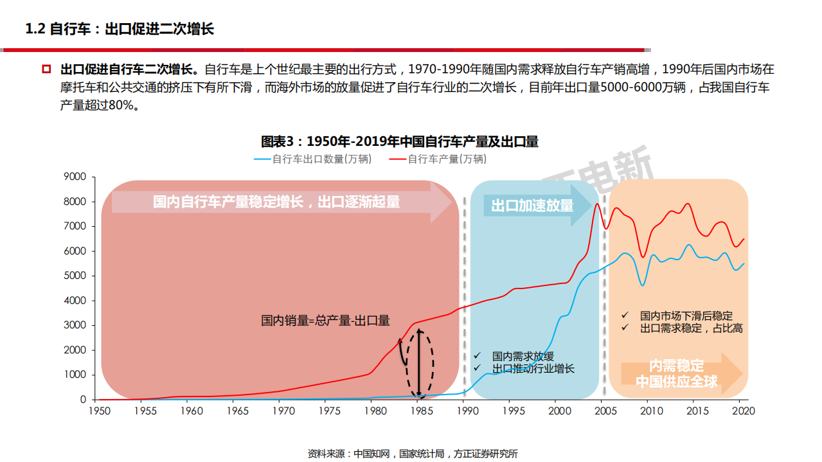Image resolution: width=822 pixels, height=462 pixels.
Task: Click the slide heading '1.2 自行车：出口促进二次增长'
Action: (x=119, y=29)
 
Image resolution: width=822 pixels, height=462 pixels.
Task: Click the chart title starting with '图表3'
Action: (x=399, y=141)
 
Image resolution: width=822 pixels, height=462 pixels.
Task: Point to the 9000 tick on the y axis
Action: (x=75, y=177)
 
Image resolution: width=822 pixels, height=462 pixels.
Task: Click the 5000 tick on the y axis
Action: (x=75, y=276)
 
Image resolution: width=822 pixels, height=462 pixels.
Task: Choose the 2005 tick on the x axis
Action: (x=605, y=411)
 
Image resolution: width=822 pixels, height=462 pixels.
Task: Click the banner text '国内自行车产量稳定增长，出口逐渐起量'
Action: (x=276, y=202)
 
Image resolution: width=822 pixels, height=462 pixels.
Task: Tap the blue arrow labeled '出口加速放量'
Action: (x=533, y=206)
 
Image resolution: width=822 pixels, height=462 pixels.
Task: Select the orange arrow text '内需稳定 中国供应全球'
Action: (x=676, y=374)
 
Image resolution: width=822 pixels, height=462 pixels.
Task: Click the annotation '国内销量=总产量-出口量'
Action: (x=325, y=321)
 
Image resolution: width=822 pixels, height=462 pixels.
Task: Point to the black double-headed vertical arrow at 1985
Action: (x=419, y=363)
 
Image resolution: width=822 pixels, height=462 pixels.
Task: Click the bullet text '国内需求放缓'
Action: (x=523, y=356)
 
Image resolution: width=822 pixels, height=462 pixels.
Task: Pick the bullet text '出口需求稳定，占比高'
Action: (x=691, y=328)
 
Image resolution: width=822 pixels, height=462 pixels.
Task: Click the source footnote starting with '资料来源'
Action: (x=413, y=454)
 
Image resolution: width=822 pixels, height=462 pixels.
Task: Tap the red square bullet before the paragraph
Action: (x=46, y=69)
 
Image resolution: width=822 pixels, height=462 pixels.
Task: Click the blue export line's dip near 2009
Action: (x=641, y=285)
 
